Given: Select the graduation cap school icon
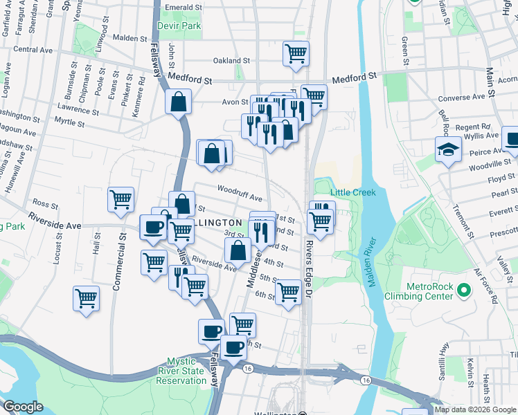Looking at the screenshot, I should pyautogui.click(x=448, y=148).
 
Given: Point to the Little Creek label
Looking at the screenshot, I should pyautogui.click(x=352, y=192).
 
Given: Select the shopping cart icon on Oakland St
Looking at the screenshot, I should pyautogui.click(x=296, y=53).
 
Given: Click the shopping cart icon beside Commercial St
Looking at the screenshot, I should pyautogui.click(x=121, y=199).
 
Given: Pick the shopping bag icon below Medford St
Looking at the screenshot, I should pyautogui.click(x=178, y=102).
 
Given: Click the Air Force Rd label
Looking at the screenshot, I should pyautogui.click(x=486, y=286).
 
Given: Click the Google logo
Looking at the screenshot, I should pyautogui.click(x=23, y=407).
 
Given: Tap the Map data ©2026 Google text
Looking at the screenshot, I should pyautogui.click(x=474, y=409).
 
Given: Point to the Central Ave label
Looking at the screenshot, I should pyautogui.click(x=33, y=50).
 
